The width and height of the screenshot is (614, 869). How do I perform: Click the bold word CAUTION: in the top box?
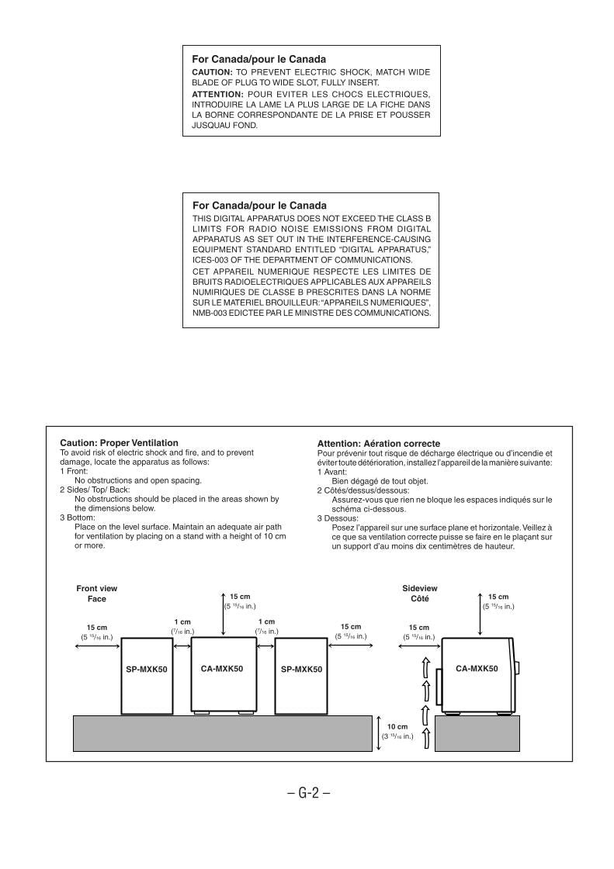[211, 72]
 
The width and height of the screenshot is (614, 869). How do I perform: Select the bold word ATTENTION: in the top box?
[215, 94]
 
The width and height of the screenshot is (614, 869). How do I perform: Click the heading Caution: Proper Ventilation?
[119, 443]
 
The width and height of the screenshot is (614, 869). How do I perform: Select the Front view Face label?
[97, 594]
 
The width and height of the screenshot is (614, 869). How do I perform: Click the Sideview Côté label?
[419, 594]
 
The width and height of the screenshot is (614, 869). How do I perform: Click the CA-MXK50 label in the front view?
[222, 668]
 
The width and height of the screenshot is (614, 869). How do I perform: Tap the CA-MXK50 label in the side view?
[477, 668]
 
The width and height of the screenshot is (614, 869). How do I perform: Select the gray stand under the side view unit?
[477, 733]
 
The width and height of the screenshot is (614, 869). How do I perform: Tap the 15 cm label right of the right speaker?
[350, 627]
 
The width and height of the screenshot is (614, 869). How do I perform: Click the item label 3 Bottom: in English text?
[77, 517]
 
